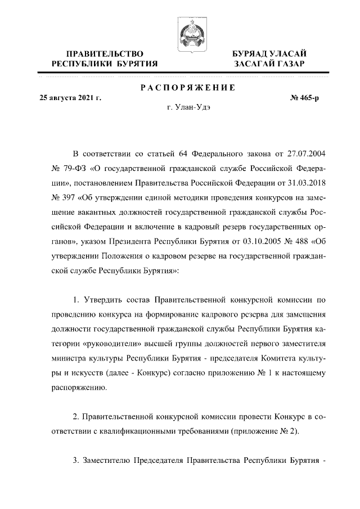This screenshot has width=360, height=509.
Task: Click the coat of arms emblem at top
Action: pyautogui.click(x=190, y=35)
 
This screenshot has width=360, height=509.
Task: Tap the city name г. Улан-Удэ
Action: pyautogui.click(x=188, y=106)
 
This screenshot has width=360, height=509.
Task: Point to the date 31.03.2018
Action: pyautogui.click(x=304, y=183)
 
